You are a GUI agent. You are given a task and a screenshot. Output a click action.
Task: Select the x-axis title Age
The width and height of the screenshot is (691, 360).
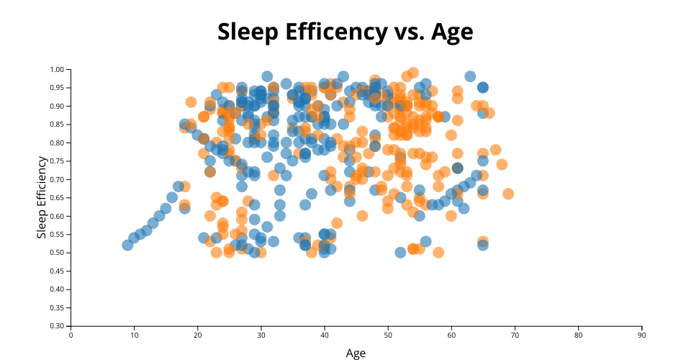(356, 353)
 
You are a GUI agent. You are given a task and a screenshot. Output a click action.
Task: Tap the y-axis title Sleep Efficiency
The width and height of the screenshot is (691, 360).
(42, 198)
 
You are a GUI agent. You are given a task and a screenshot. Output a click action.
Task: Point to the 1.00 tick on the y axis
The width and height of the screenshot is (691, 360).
(57, 70)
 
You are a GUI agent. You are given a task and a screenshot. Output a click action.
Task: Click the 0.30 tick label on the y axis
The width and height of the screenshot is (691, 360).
(57, 326)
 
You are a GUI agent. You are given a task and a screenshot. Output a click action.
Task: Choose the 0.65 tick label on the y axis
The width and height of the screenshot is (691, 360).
(57, 198)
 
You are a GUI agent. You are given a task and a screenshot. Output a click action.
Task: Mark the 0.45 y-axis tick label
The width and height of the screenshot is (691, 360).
(57, 271)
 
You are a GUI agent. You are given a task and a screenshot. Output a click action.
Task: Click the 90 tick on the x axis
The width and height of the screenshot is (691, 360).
(641, 335)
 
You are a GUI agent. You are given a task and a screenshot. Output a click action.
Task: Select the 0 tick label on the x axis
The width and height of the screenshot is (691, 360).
(71, 335)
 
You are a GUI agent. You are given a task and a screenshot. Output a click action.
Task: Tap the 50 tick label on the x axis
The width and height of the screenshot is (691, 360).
(388, 335)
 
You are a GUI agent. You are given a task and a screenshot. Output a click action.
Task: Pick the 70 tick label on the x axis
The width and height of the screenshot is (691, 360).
(515, 335)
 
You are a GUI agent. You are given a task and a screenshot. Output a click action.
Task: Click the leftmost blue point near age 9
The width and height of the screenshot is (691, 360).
(127, 246)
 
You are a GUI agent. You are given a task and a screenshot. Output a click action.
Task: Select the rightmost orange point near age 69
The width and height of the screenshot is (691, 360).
(508, 194)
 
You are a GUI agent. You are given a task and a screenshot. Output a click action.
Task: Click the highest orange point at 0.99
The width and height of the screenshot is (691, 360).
(413, 73)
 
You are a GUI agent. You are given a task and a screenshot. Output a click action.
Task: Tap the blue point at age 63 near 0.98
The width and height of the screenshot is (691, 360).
(470, 76)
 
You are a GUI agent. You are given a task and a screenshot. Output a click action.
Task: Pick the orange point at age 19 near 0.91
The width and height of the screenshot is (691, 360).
(191, 102)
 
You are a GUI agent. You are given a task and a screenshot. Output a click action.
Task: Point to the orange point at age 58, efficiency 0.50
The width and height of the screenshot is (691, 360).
(438, 253)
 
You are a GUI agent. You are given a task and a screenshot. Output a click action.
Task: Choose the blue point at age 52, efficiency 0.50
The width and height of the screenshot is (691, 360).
(400, 253)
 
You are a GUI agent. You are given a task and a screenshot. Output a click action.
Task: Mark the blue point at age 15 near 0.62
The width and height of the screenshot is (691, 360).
(166, 209)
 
